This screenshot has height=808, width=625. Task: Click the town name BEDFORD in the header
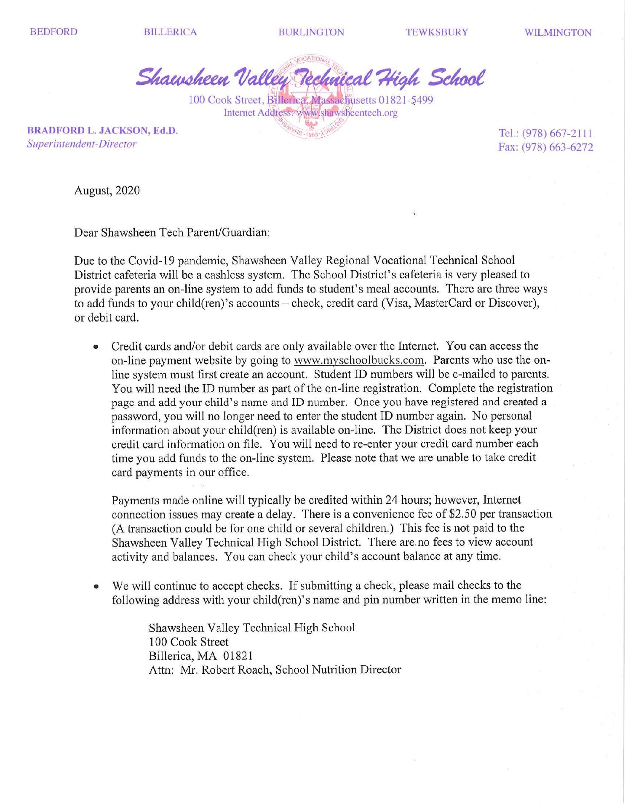point(54,32)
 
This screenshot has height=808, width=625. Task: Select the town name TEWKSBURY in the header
point(437,32)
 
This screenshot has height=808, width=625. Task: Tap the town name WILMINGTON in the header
point(558,33)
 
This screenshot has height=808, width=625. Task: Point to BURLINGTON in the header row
point(311,32)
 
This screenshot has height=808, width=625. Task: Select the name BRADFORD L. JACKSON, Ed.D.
point(102,130)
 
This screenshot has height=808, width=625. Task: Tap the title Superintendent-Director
point(82,144)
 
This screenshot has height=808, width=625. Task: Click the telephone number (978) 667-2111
point(558,133)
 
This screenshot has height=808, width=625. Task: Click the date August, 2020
point(107,191)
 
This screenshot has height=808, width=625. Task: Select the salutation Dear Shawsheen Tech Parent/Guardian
point(172,232)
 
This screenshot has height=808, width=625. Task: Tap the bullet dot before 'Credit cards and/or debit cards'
point(96,348)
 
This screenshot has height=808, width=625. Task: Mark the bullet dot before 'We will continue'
point(96,587)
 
